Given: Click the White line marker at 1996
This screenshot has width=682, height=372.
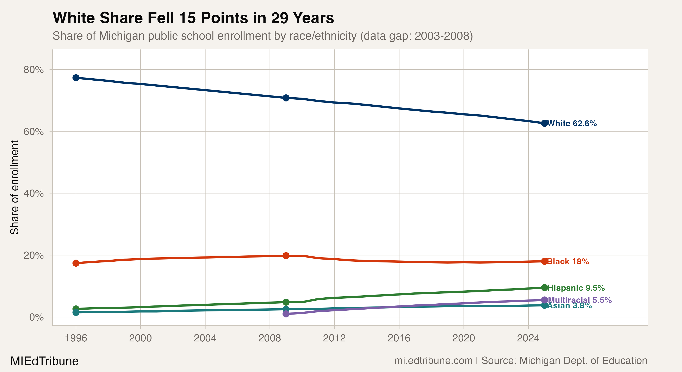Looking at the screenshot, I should (x=76, y=78).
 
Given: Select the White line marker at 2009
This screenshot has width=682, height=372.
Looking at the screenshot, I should (x=286, y=98).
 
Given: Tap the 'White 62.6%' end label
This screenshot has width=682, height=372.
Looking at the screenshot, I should (x=572, y=123).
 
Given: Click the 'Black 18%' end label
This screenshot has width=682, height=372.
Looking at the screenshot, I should (x=568, y=262).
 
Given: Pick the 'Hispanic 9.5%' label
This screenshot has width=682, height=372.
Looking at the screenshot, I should (x=576, y=288).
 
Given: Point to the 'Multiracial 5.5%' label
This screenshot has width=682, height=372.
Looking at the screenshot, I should (x=580, y=300).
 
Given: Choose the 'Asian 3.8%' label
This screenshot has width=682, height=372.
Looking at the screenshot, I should (x=570, y=306).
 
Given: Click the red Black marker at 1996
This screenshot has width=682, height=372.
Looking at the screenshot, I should (x=76, y=263).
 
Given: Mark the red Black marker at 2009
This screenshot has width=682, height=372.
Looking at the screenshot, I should (x=286, y=256).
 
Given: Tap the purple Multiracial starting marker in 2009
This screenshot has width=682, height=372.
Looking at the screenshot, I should (x=286, y=314).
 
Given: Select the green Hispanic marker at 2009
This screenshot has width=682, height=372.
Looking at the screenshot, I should (x=286, y=302).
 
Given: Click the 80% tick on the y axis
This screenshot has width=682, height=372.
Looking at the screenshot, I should (x=33, y=70).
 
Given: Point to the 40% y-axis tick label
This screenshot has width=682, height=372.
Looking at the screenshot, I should (x=33, y=193).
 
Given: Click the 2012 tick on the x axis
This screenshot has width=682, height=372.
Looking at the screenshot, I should (x=334, y=338).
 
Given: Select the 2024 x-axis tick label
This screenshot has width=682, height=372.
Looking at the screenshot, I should (x=528, y=338).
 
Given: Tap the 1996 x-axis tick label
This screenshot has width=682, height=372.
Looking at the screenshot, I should (x=76, y=338).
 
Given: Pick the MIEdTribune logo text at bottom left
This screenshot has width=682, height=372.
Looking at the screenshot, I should (x=44, y=361).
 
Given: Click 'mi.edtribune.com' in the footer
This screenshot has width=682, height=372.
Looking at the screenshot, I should (x=433, y=361).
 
